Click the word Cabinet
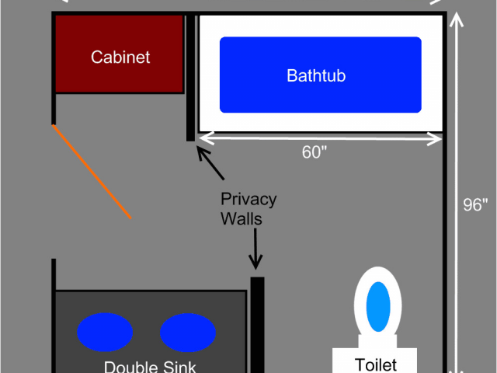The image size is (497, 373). [x=120, y=57]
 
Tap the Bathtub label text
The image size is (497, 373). [x=316, y=75]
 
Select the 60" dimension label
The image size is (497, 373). [x=314, y=152]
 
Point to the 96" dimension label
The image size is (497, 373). [x=475, y=204]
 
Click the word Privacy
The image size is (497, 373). [x=248, y=200]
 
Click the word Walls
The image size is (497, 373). [x=242, y=219]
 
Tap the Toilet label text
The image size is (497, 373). [x=376, y=364]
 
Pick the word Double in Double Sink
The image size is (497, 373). [x=131, y=367]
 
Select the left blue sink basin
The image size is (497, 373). [x=105, y=332]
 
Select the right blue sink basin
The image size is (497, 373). [x=188, y=333]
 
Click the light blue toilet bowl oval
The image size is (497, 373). [x=378, y=306]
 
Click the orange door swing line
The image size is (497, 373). [x=92, y=172]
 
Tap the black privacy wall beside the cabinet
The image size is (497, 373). [x=190, y=78]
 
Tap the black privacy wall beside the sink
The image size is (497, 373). [x=257, y=325]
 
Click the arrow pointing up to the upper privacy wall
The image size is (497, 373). [x=210, y=162]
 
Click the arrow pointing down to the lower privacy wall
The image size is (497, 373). [x=255, y=249]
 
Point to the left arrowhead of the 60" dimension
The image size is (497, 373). [x=207, y=138]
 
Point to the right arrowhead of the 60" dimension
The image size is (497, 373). [x=434, y=139]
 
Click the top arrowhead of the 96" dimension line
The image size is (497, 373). [x=457, y=19]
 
